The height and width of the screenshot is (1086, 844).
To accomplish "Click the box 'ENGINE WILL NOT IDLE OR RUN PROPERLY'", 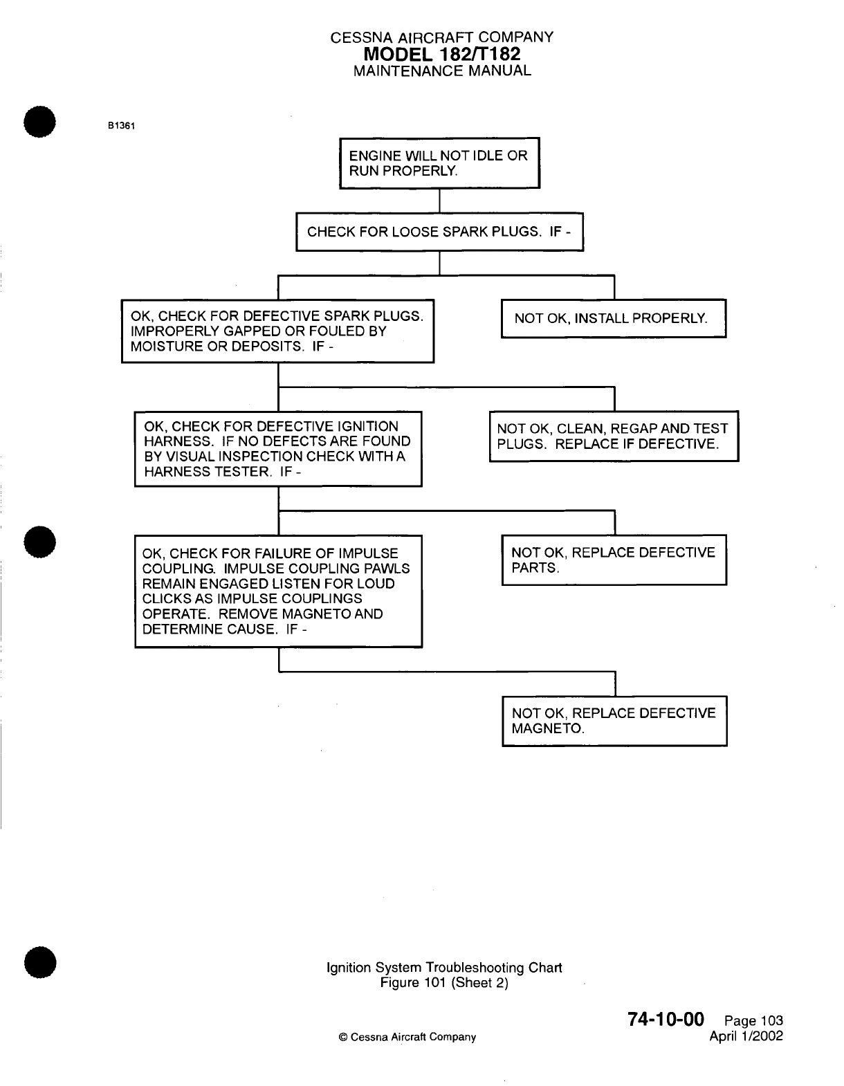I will (x=439, y=163).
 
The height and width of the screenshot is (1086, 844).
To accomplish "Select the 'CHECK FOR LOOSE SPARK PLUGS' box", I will (x=439, y=232).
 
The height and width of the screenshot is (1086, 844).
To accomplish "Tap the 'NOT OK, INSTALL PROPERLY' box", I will (x=613, y=318).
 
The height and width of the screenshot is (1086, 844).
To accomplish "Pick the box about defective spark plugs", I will (x=277, y=331).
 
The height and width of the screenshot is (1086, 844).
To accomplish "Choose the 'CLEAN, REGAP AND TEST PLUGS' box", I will (x=614, y=436).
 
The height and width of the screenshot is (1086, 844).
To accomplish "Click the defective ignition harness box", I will (x=278, y=449).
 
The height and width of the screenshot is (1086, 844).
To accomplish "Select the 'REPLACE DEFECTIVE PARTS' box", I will (x=614, y=560).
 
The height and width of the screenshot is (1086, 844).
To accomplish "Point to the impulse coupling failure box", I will (x=278, y=591).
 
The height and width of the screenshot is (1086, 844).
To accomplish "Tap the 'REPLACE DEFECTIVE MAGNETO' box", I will (x=614, y=721).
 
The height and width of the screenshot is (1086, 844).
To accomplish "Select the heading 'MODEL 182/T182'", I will (x=442, y=54).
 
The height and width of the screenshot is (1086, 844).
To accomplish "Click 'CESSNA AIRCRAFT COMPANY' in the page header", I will (x=442, y=37).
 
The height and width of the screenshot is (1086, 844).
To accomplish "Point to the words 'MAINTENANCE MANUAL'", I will (x=442, y=71).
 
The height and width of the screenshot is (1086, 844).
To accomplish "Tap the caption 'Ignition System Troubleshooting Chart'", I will (x=444, y=967).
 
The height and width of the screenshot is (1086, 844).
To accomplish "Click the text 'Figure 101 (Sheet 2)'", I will (x=444, y=982).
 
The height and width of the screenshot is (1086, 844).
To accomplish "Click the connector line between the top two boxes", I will (x=440, y=201).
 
